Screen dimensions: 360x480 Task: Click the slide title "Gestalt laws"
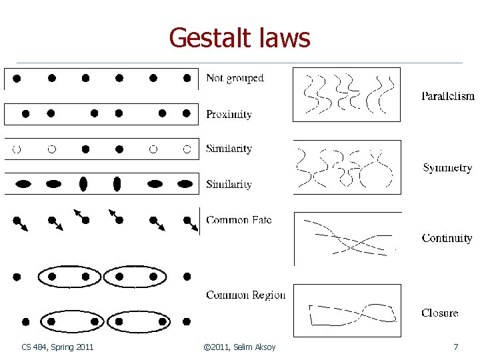239,38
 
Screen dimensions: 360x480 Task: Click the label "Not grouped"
235,79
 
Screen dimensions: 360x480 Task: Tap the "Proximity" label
229,115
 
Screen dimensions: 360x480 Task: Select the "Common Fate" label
239,220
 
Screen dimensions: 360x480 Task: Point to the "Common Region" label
245,295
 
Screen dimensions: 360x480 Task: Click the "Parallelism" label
447,96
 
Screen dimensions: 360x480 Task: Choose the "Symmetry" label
447,169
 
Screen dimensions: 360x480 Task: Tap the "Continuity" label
447,239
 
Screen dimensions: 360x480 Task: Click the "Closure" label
439,313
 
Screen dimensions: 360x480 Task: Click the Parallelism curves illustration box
347,94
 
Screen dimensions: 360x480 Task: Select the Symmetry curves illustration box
347,167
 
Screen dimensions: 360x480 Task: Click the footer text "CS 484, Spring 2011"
57,347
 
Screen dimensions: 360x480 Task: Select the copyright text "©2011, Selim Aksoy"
239,347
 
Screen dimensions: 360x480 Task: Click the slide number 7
455,347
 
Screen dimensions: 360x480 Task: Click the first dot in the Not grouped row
17,78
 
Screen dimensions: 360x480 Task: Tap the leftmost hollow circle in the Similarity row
17,148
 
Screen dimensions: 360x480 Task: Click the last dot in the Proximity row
187,113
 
